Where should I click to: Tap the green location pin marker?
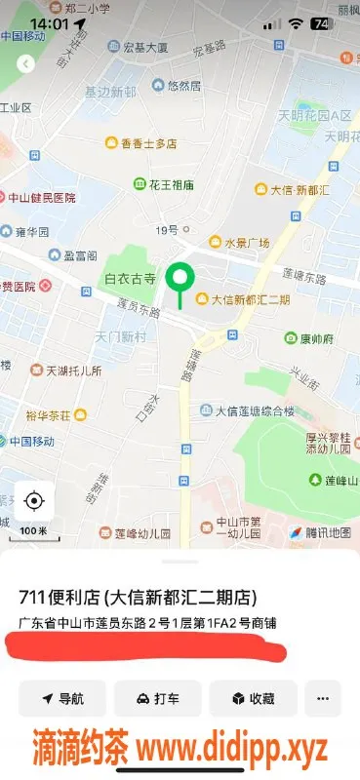pos(180,280)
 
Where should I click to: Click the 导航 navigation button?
pos(61,698)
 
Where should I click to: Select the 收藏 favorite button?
pos(251,698)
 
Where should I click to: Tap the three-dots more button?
pos(323,698)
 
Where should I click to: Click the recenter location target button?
pos(34,501)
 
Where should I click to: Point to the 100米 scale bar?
pos(33,530)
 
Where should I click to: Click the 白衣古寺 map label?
pos(130,279)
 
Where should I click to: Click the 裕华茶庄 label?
pos(55,414)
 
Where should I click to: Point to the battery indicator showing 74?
pos(319,23)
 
